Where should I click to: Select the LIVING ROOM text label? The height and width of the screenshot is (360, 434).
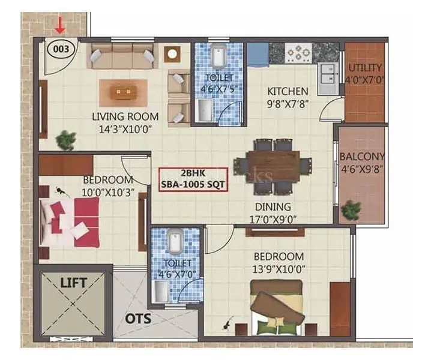(125, 116)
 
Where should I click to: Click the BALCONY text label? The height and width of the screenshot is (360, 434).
(362, 157)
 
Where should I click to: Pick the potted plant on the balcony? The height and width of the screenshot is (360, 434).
(351, 210)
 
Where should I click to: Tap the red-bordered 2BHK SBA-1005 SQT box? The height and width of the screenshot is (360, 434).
(193, 179)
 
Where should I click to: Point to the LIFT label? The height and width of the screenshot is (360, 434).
(74, 282)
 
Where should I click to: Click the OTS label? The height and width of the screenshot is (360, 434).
(138, 318)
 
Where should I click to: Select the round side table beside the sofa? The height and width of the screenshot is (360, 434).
(172, 54)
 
